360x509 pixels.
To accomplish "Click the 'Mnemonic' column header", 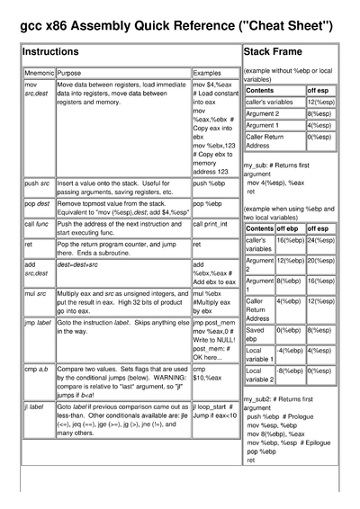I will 39,71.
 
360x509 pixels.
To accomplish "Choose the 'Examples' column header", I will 207,71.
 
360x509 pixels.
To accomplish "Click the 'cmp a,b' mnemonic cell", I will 37,369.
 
